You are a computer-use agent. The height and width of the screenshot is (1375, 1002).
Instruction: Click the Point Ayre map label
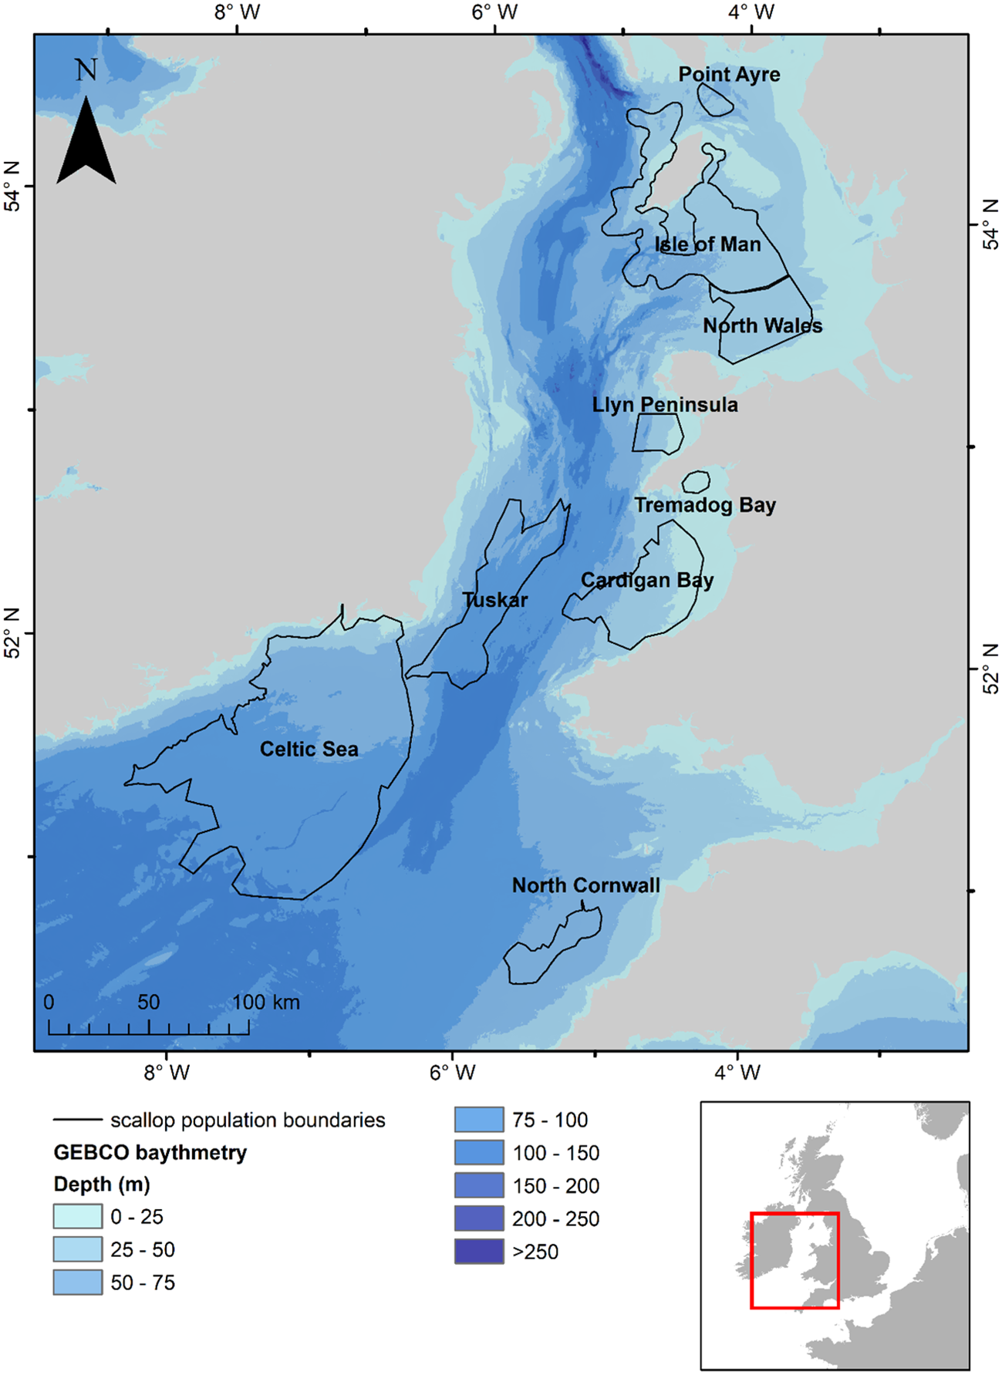tap(729, 75)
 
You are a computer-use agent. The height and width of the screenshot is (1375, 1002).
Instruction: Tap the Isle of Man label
tap(707, 244)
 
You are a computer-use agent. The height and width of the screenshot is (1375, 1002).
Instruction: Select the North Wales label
tap(762, 325)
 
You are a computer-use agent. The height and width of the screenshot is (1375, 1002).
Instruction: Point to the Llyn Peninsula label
tap(665, 405)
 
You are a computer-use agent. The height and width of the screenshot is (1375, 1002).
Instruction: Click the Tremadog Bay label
tap(705, 505)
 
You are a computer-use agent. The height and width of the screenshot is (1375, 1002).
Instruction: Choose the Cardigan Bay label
tap(647, 580)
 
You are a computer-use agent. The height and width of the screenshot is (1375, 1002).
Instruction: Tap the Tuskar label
tap(495, 599)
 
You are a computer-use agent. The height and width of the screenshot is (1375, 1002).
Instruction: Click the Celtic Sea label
tap(309, 749)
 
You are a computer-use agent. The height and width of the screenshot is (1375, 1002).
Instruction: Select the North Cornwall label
tap(585, 885)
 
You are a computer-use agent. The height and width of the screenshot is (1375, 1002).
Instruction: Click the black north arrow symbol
tap(86, 143)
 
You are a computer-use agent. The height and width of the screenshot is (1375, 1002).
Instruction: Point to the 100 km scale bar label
tap(266, 1003)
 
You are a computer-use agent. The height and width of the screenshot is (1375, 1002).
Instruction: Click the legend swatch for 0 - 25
tap(77, 1216)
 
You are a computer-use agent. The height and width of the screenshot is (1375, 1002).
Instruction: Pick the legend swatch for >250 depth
tap(479, 1251)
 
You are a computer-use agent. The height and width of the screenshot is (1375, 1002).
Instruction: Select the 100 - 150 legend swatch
tap(479, 1152)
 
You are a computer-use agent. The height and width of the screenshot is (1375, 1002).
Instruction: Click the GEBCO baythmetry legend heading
tap(150, 1152)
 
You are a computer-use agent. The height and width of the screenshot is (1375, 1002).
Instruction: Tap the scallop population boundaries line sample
tap(77, 1120)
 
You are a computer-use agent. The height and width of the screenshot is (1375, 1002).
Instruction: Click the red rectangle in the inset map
tap(795, 1215)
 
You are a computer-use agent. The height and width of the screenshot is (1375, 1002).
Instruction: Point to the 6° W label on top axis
tap(494, 12)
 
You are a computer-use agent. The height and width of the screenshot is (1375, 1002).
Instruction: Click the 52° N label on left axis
tap(12, 633)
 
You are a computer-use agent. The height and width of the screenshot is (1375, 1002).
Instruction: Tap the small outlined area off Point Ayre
tap(714, 99)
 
